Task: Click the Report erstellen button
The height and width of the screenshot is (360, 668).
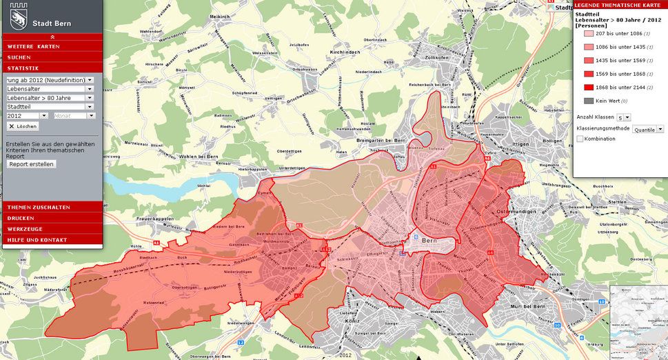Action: pos(31,164)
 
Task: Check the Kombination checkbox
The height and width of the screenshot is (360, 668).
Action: pos(580,139)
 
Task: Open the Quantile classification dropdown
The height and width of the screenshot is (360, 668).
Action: pos(649,129)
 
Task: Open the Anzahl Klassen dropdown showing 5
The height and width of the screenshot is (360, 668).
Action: pos(623,117)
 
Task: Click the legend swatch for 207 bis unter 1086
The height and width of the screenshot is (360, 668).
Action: pos(588,34)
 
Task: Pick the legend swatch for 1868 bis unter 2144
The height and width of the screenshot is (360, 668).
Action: pos(588,88)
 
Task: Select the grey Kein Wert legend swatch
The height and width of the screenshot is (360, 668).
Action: pos(588,101)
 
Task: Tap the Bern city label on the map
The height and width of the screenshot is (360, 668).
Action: pos(429,241)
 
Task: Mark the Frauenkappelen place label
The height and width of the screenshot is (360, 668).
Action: pos(154,219)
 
